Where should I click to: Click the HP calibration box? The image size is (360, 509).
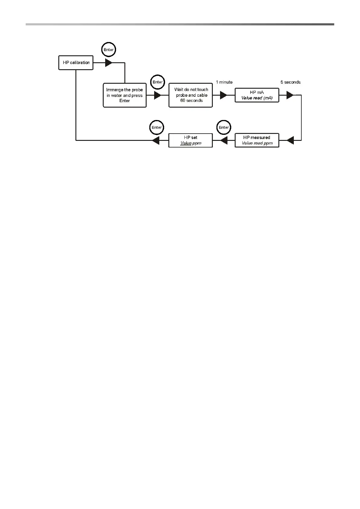click(76, 63)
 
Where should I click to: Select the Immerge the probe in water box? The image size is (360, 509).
click(125, 95)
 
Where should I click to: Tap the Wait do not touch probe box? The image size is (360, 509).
click(190, 95)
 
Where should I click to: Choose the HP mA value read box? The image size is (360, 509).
click(257, 95)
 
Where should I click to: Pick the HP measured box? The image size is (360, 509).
click(257, 140)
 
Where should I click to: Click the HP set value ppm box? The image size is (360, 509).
click(190, 140)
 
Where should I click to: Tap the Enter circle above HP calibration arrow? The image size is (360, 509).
click(109, 50)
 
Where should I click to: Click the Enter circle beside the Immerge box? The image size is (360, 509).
click(157, 82)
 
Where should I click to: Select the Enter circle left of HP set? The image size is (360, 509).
click(157, 127)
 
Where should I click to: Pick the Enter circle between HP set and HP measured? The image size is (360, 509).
click(224, 127)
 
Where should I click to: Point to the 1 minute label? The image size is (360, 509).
click(224, 82)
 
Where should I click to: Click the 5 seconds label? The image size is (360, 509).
click(290, 82)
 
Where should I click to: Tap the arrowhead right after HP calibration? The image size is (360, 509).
click(109, 63)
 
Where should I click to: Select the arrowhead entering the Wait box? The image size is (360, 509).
click(157, 95)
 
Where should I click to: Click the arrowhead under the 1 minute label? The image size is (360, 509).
click(224, 95)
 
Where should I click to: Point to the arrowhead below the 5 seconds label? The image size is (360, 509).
click(290, 95)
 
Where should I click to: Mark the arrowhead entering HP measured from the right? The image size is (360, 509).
click(290, 140)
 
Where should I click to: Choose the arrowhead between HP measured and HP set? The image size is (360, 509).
click(224, 140)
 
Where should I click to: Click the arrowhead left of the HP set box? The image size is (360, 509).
click(156, 140)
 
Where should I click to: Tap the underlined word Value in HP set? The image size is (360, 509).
click(186, 143)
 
